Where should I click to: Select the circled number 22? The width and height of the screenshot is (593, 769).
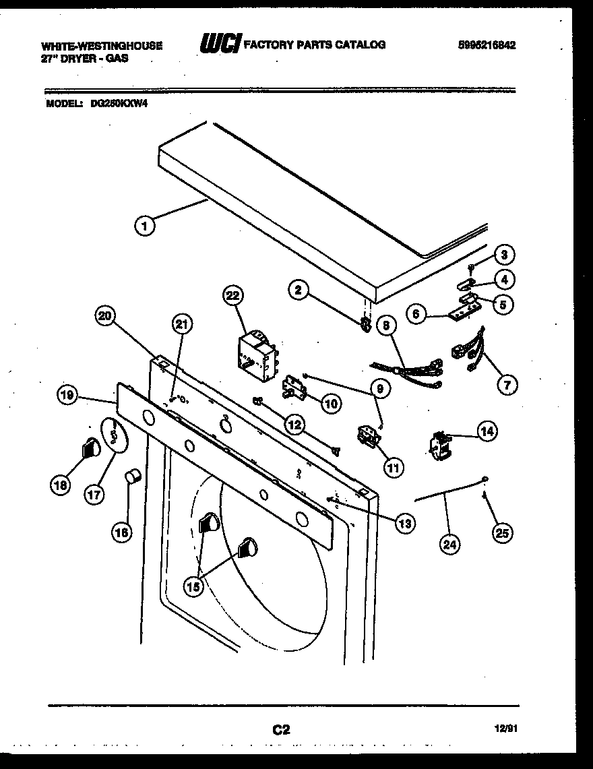tap(232, 295)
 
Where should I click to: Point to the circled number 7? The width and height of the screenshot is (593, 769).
tap(506, 385)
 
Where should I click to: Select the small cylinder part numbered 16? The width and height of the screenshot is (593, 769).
tap(133, 478)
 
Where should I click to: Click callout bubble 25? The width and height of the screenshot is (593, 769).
tap(501, 533)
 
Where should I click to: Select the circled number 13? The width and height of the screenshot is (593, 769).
tap(405, 522)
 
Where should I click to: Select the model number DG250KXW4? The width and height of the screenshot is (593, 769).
tap(119, 104)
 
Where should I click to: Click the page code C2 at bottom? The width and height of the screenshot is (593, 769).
tap(281, 729)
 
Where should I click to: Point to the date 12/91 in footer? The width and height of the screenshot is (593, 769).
tap(508, 729)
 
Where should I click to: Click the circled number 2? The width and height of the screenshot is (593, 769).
tap(300, 290)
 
